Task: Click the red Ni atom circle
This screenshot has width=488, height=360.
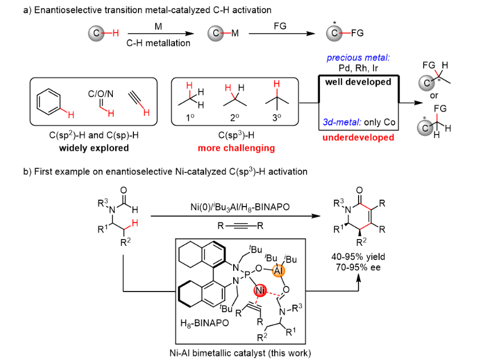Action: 261,290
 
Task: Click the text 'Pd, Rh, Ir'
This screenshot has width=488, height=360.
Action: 358,68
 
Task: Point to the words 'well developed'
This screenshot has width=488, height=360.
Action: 358,82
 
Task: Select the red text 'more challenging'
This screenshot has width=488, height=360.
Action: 236,148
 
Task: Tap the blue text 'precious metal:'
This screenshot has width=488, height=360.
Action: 358,58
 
